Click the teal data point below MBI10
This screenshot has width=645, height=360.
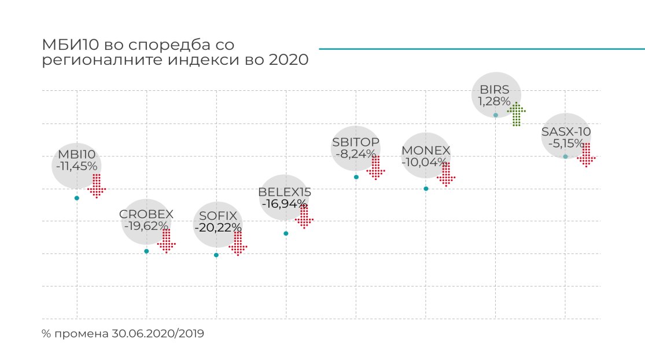77,198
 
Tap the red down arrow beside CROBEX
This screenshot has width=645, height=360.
167,241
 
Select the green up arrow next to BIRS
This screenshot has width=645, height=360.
517,114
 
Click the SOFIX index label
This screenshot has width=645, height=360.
218,216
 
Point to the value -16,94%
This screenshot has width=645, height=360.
284,203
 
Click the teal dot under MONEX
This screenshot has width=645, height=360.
426,189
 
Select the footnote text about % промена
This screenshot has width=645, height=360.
123,334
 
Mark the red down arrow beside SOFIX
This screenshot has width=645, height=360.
238,244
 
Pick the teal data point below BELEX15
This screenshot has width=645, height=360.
286,233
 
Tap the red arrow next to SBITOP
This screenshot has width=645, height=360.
376,168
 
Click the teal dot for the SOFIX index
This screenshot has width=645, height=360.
216,255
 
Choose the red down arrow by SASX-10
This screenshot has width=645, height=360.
587,155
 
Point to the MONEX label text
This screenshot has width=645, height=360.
426,150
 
